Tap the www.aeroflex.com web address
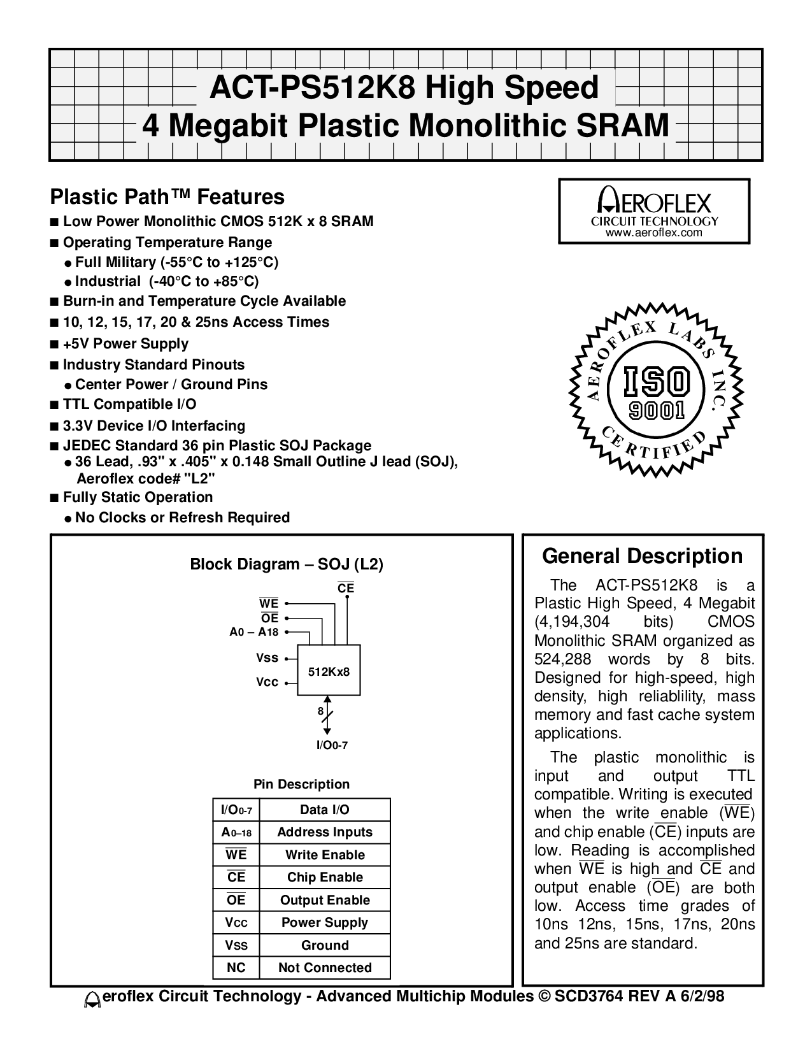click(654, 233)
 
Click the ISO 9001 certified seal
click(654, 385)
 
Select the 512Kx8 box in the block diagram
click(329, 671)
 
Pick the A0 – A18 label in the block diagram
click(254, 632)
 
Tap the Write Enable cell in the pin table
click(325, 855)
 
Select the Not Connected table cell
click(325, 968)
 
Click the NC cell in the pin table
click(236, 968)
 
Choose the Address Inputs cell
click(325, 832)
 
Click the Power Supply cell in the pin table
click(325, 922)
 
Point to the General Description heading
click(642, 556)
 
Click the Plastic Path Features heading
click(167, 196)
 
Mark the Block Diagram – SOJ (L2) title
click(287, 564)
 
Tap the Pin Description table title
click(302, 784)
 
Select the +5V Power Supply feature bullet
click(125, 343)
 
